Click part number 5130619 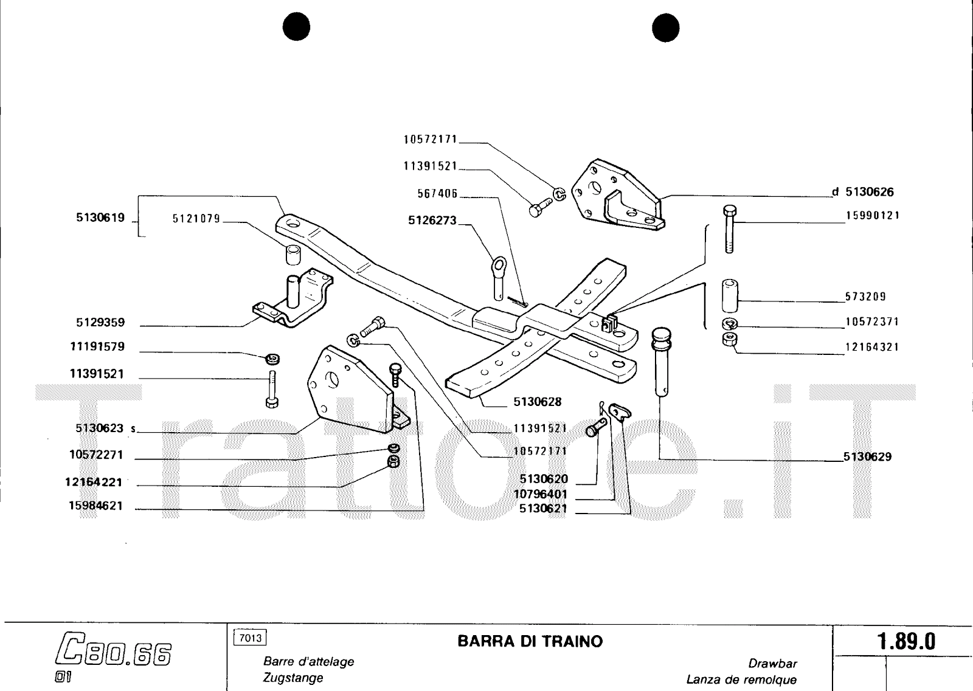click(x=100, y=217)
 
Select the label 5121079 click(x=196, y=219)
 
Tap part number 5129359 click(x=100, y=322)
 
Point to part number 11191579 click(x=97, y=346)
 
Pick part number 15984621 click(x=95, y=506)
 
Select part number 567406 click(x=437, y=193)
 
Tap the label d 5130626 click(x=863, y=192)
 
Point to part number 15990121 click(x=873, y=215)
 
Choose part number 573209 click(x=865, y=297)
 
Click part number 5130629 click(x=867, y=456)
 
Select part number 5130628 click(x=537, y=402)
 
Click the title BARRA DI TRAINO click(x=530, y=641)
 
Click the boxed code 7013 click(x=250, y=638)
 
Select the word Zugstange click(x=293, y=678)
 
